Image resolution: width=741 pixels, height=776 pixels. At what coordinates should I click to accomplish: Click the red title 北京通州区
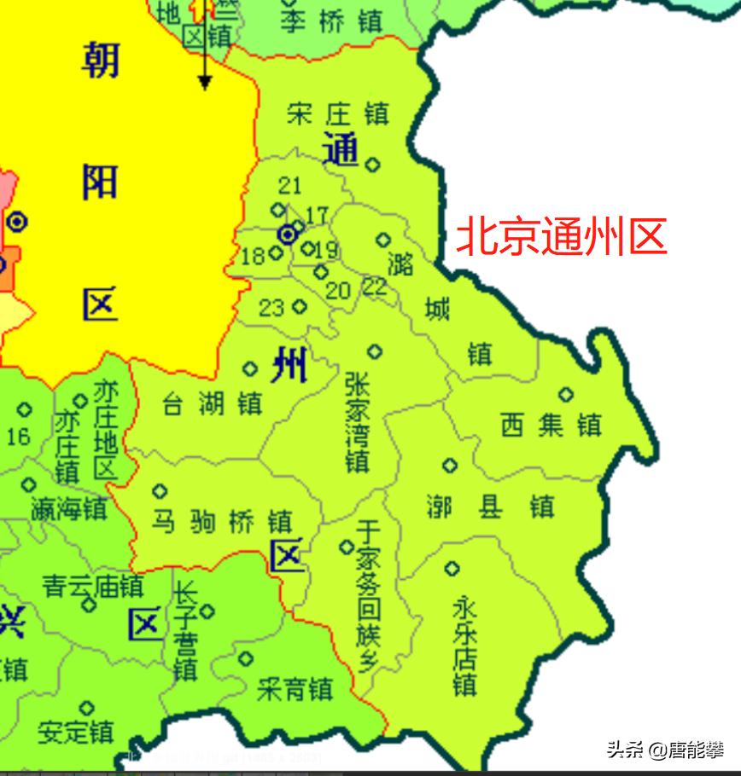tap(561, 237)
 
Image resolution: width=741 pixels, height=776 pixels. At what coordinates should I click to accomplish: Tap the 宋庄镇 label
tap(338, 113)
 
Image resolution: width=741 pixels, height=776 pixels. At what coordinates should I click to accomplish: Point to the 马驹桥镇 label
tap(222, 520)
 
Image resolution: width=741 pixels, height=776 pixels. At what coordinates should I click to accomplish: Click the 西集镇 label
tap(551, 425)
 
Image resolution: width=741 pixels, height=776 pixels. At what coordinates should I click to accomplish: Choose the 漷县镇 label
tap(490, 507)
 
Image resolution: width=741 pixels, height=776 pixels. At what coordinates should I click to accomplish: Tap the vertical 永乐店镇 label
tap(464, 645)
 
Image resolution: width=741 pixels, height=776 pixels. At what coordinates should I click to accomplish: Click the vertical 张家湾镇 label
tap(358, 421)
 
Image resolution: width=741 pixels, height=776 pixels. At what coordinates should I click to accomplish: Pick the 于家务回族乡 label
tap(368, 596)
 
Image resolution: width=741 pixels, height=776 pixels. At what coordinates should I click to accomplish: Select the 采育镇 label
tap(295, 688)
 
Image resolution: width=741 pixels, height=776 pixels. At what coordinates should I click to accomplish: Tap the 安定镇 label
tap(76, 731)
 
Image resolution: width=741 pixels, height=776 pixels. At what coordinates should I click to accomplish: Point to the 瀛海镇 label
tap(69, 509)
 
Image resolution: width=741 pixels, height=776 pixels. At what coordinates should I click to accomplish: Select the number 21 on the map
tap(290, 185)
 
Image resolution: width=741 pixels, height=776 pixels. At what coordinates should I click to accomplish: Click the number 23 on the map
tap(271, 307)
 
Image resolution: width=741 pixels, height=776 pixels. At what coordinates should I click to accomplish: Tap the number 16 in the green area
tap(18, 437)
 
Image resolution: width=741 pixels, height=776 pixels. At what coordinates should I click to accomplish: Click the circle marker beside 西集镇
tap(565, 394)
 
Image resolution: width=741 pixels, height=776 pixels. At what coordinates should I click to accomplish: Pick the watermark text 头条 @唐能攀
tap(665, 750)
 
